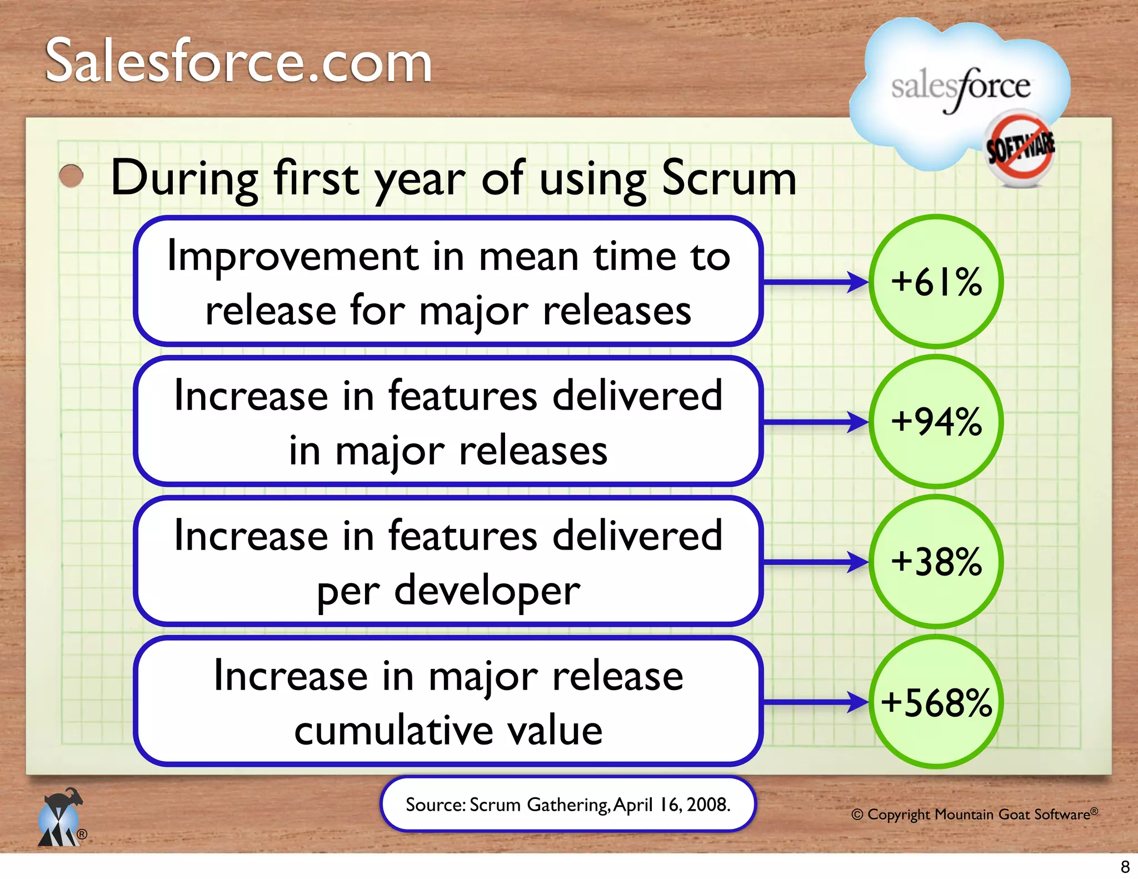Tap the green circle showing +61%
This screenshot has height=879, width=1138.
click(x=936, y=282)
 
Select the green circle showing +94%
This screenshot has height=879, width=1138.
click(x=936, y=422)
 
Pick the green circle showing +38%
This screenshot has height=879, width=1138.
click(x=936, y=562)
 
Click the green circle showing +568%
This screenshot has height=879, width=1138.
click(x=936, y=702)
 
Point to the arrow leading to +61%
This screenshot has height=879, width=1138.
click(x=814, y=282)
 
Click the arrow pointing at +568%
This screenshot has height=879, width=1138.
click(x=814, y=702)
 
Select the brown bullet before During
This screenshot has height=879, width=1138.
click(x=71, y=177)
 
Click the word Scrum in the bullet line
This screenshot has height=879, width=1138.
click(x=729, y=179)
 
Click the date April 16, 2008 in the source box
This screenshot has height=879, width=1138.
click(x=671, y=805)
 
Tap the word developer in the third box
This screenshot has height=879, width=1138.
click(x=487, y=591)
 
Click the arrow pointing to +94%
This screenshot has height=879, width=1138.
click(x=814, y=422)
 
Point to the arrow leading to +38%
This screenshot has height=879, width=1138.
click(x=814, y=562)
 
